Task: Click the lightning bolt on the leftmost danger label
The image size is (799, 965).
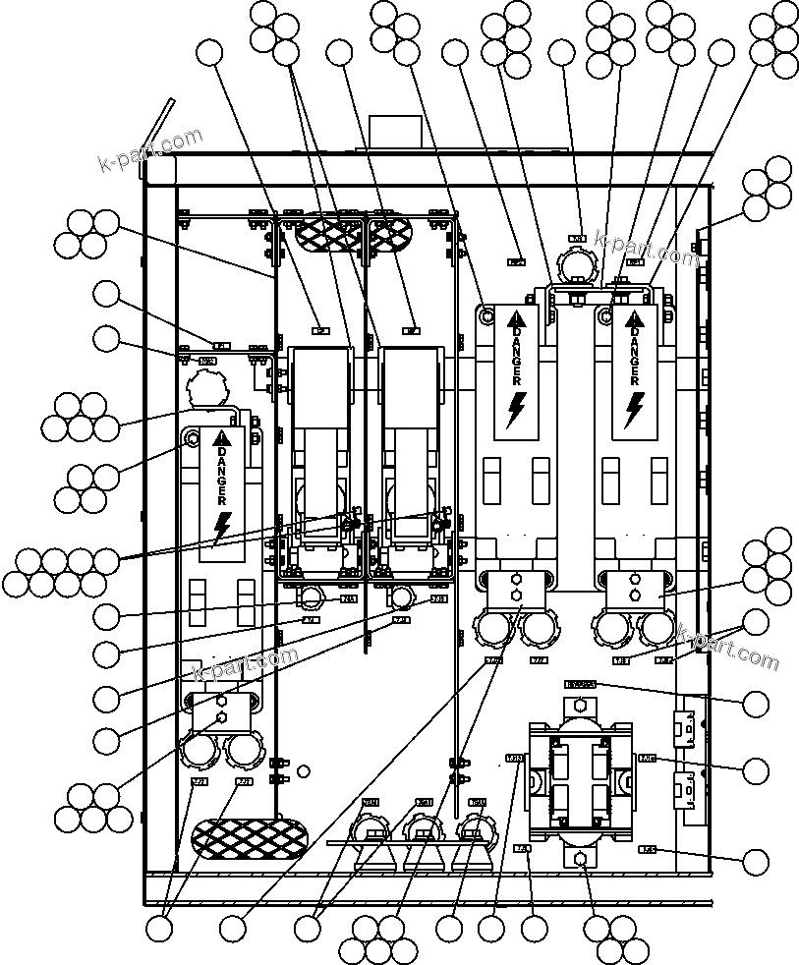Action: click(x=222, y=527)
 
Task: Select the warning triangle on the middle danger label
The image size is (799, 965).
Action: click(x=517, y=317)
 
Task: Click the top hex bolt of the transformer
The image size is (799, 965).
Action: click(x=581, y=705)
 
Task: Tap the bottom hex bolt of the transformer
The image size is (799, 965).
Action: click(x=581, y=860)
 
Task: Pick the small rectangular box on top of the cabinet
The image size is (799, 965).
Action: click(x=395, y=134)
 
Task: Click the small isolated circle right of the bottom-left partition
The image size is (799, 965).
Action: click(x=304, y=771)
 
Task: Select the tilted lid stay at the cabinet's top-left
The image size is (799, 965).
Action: click(x=158, y=126)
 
